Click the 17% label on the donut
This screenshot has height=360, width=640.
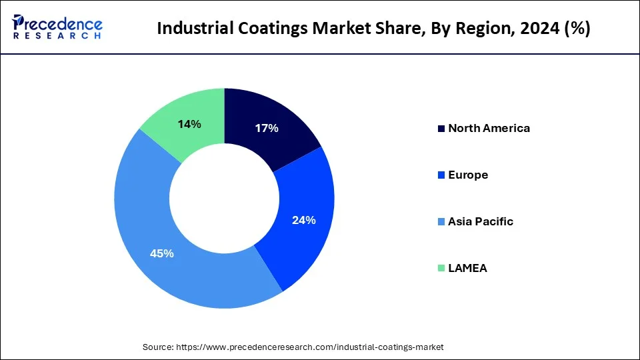[x=267, y=129]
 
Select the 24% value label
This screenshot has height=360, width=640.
[x=304, y=220]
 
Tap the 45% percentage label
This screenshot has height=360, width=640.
[x=162, y=253]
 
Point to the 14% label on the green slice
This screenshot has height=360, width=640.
[x=190, y=124]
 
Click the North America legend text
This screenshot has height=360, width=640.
[x=489, y=128]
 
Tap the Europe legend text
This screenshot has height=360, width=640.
[x=468, y=175]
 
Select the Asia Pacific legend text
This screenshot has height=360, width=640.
[x=481, y=221]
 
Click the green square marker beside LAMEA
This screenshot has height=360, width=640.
[x=441, y=268]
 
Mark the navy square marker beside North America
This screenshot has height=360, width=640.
[x=441, y=128]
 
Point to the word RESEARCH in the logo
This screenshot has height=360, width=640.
[x=57, y=38]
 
